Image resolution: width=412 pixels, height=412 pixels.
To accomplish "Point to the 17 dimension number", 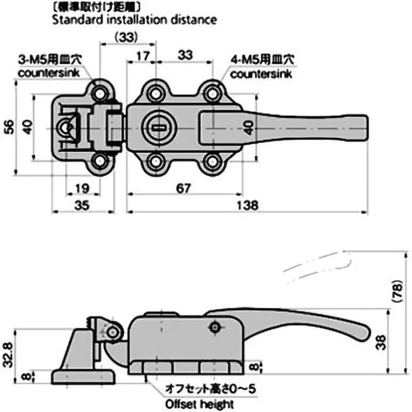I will (144, 55).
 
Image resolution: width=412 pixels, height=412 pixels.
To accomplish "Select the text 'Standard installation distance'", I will (133, 21).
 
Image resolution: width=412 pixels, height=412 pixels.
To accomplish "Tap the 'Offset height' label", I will (199, 404).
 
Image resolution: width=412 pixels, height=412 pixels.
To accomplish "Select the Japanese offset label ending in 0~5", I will (208, 388).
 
